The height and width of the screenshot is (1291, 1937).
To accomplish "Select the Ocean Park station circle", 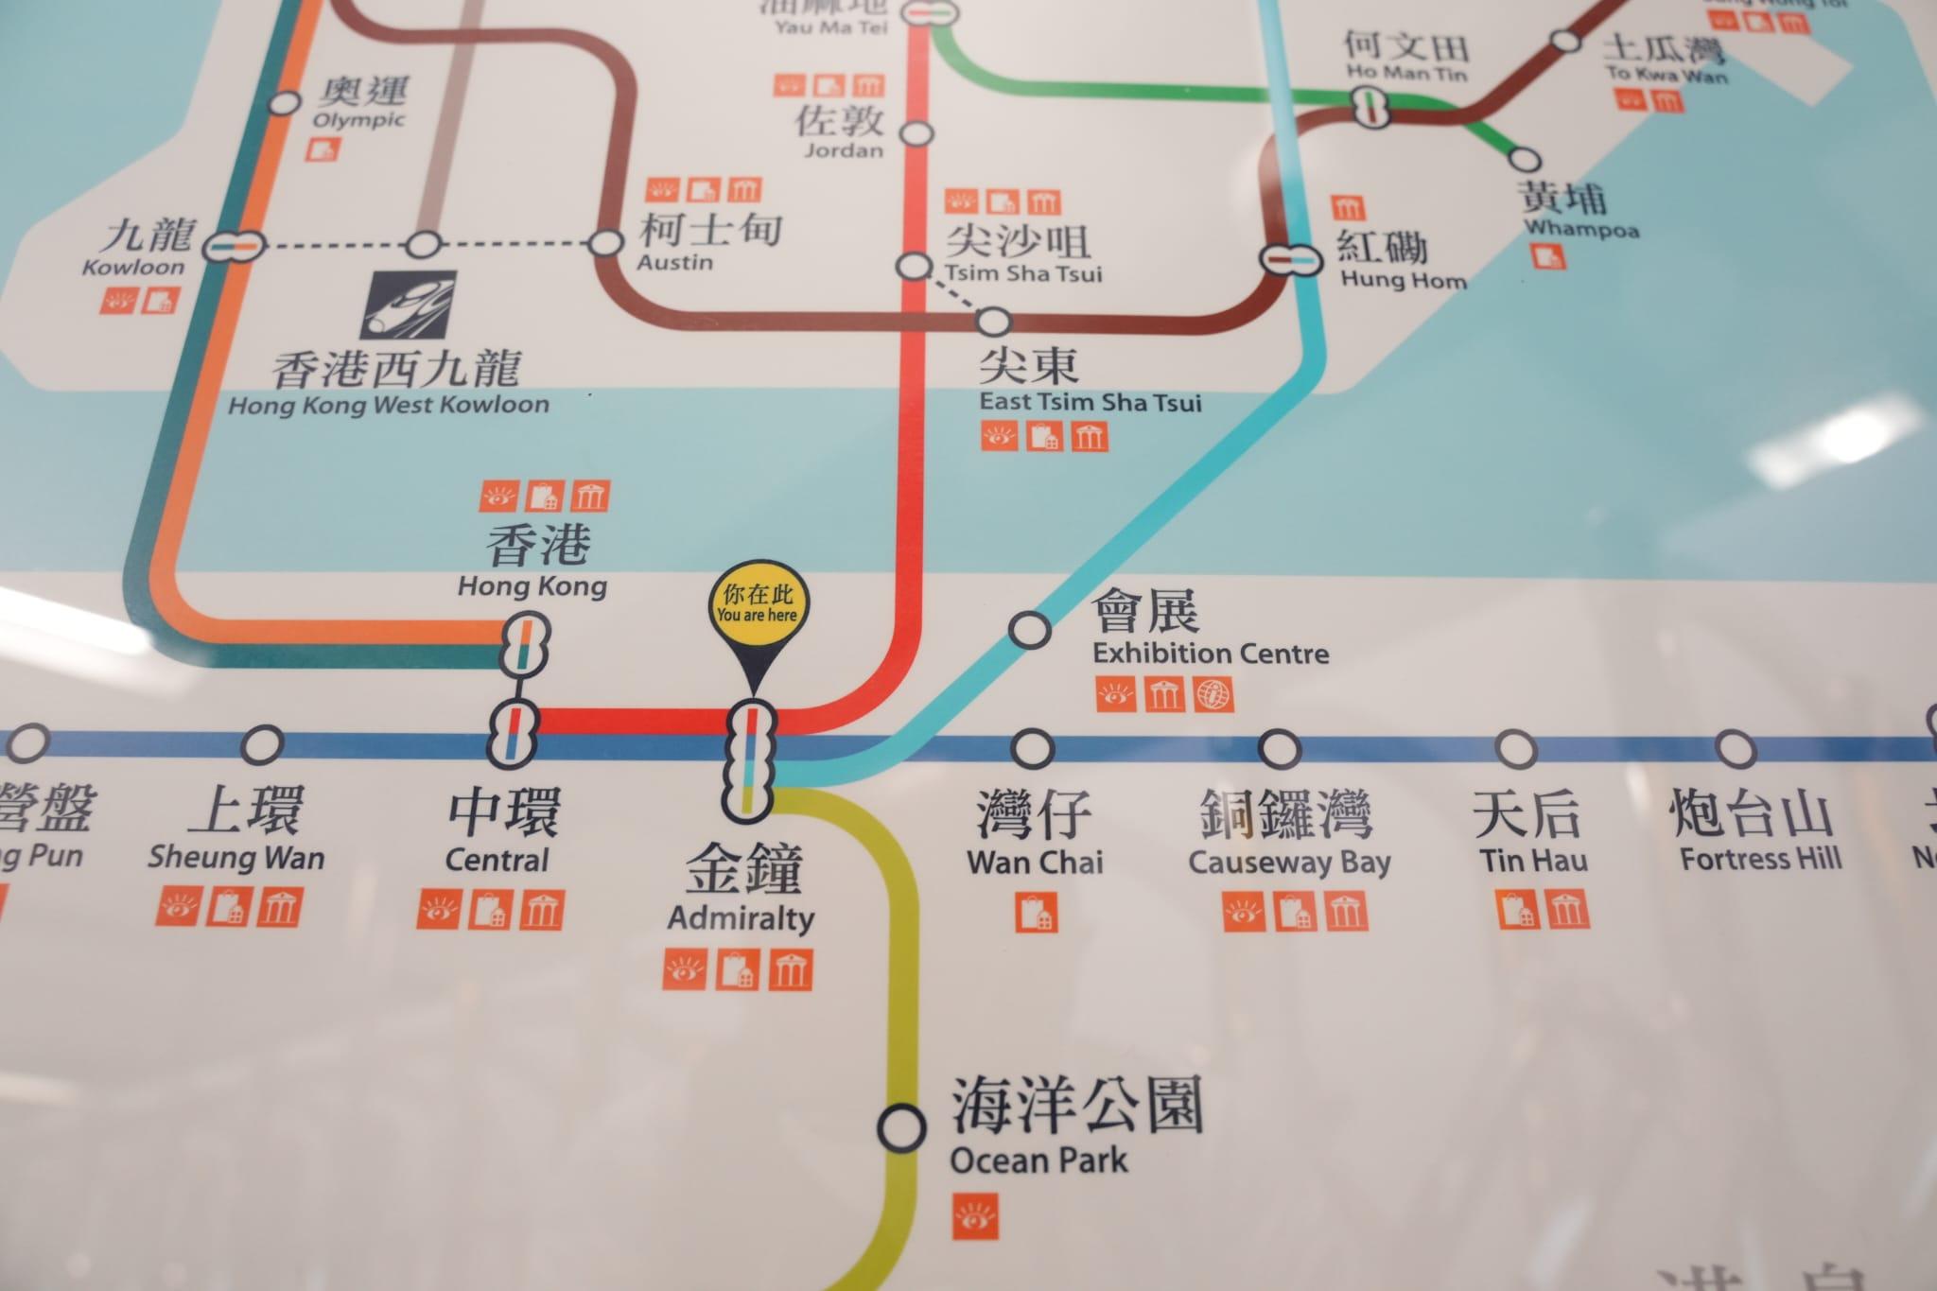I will pos(902,1126).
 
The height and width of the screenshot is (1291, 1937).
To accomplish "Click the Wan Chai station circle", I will pos(1032,749).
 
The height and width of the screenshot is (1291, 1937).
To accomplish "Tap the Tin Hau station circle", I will pos(1515,748).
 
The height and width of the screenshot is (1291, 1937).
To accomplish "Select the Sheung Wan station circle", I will pos(262,745).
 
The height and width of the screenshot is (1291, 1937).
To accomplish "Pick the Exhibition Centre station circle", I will pos(1030,629).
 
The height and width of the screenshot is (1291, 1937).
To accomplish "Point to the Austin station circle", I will pos(606,243).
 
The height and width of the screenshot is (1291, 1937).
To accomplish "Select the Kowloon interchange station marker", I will pos(232,244).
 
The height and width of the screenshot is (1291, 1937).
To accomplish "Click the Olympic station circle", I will pos(284,102).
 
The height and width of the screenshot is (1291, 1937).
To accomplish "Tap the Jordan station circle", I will pos(916,133).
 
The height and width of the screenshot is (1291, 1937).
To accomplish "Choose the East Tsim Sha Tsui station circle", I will pos(993,322).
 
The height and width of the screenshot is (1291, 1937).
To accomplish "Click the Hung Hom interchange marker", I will pos(1290,257).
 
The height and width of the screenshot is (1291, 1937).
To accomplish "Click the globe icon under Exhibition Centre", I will pos(1213,695).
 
